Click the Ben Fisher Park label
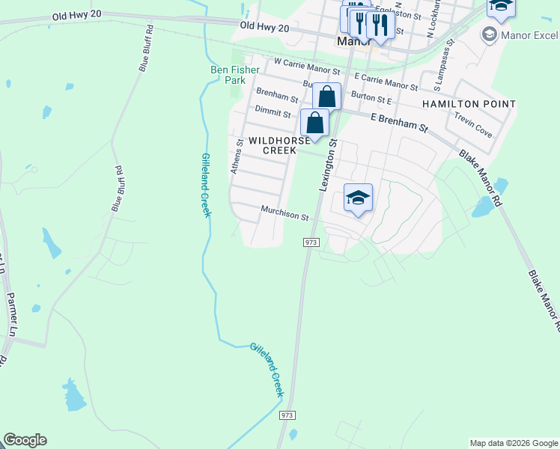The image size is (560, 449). (x=234, y=74)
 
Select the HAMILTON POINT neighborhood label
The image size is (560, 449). (x=469, y=104)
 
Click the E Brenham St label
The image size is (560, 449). (x=399, y=123)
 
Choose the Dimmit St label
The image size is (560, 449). (x=273, y=113)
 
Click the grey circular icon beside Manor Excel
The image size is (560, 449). (x=490, y=34)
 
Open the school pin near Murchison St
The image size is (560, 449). (x=358, y=198)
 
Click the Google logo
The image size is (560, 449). (x=25, y=440)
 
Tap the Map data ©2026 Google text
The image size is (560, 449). (x=514, y=443)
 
